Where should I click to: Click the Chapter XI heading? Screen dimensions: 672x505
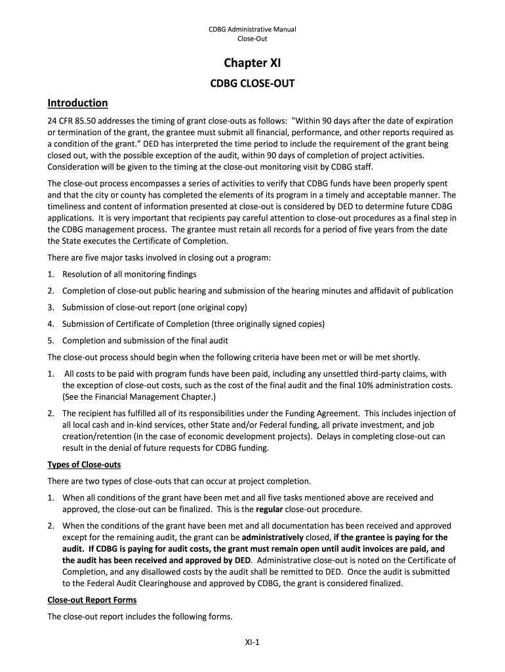[x=253, y=64]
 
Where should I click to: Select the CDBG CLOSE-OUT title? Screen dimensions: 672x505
[x=253, y=83]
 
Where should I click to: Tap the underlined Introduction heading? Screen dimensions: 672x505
[x=77, y=103]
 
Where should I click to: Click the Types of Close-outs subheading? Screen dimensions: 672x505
[x=83, y=465]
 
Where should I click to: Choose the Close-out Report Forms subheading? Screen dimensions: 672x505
[x=92, y=600]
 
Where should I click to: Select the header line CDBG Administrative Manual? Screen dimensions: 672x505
[x=253, y=29]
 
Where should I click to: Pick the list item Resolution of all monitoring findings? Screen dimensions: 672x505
[x=129, y=274]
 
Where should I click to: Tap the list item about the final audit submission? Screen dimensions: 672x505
[x=145, y=340]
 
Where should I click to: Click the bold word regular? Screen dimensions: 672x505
[x=270, y=509]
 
